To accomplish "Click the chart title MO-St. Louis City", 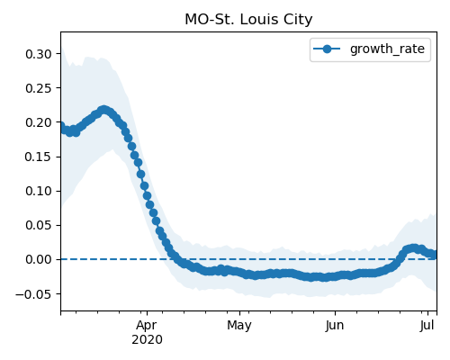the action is click(x=248, y=20).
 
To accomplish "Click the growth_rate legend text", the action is click(x=387, y=49).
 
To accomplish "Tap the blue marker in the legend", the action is click(x=327, y=49).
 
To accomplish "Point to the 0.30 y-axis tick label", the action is click(x=39, y=54).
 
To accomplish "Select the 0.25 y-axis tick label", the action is click(x=39, y=88).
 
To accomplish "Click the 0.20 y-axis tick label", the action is click(x=39, y=122).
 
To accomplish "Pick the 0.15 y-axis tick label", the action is click(x=39, y=157).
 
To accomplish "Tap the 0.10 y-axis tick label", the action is click(x=39, y=191).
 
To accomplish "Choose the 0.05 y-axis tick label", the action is click(x=39, y=225).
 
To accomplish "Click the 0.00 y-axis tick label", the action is click(x=39, y=259).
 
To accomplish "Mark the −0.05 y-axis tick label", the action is click(x=33, y=294).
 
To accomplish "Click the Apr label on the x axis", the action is click(x=147, y=326).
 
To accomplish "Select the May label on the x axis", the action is click(x=239, y=326).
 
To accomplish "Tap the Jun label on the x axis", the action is click(x=335, y=326).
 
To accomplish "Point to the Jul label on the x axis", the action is click(x=427, y=326).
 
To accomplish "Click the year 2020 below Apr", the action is click(x=147, y=340).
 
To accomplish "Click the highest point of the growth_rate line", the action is click(x=103, y=110).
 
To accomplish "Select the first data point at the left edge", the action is click(x=61, y=125).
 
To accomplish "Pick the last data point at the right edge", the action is click(x=433, y=255).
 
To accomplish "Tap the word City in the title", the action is click(x=299, y=20).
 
